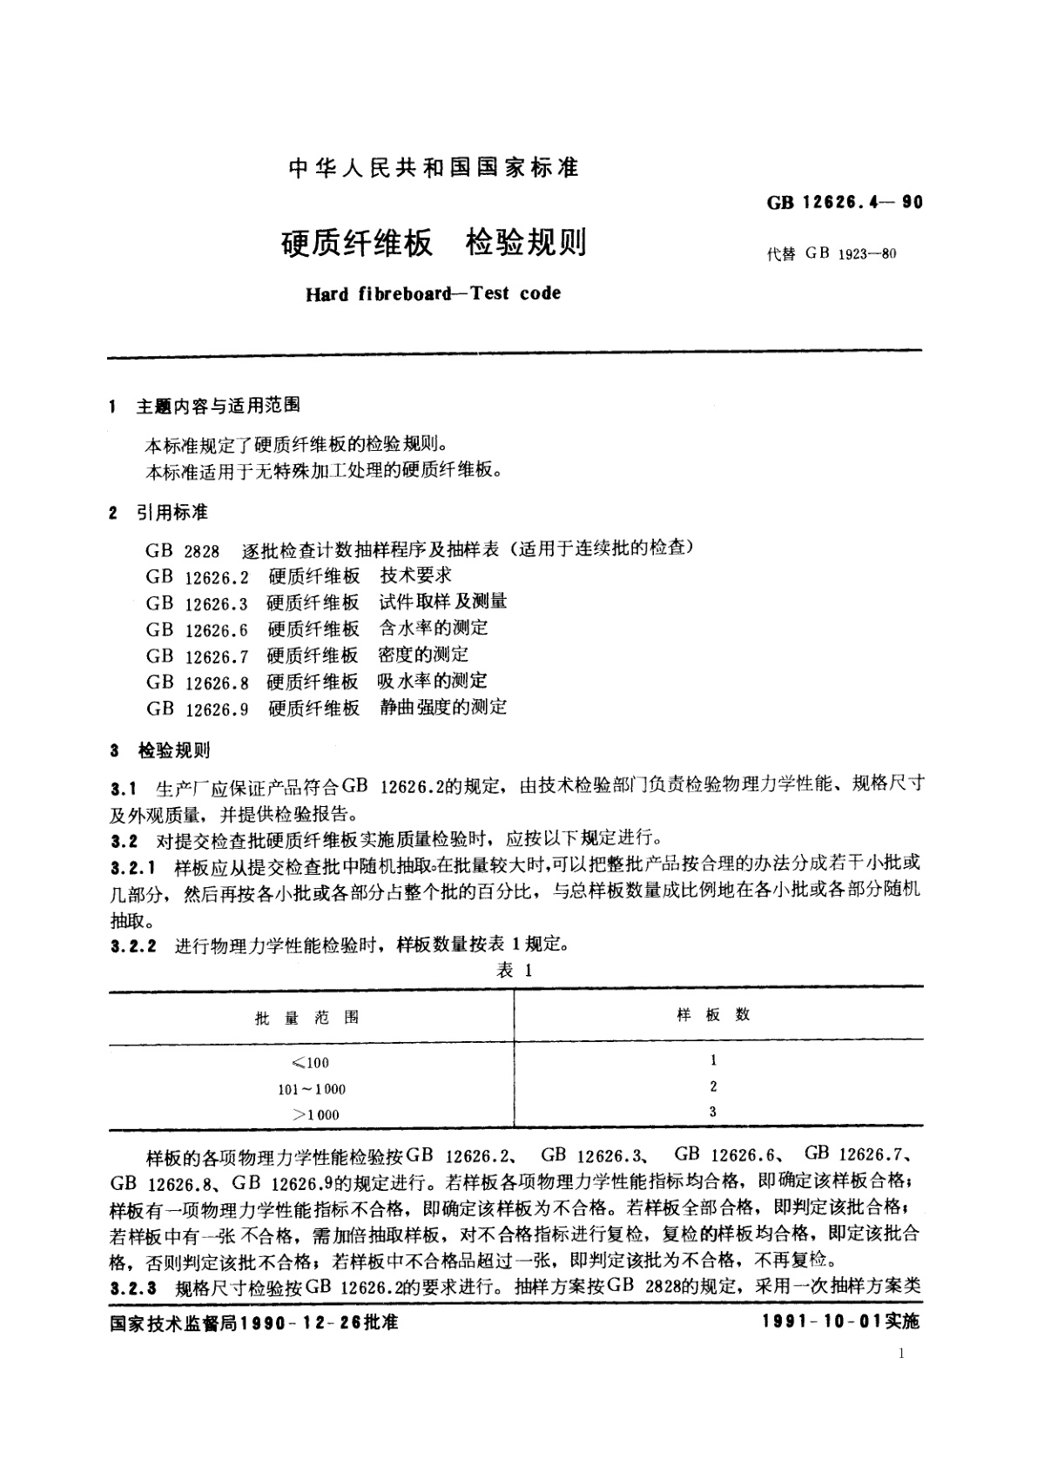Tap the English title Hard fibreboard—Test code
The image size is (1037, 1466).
click(x=433, y=293)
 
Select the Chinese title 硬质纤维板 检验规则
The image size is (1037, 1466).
click(x=433, y=243)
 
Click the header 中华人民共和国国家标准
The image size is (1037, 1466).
click(x=433, y=168)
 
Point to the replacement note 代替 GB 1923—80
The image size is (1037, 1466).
click(x=832, y=254)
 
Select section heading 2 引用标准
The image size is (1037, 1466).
click(x=158, y=513)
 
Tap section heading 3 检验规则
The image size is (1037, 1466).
click(x=160, y=750)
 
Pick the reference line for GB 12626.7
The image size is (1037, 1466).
click(x=307, y=655)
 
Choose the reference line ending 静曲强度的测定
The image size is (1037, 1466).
click(x=327, y=708)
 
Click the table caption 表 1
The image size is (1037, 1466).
click(x=514, y=971)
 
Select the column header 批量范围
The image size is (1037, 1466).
click(x=306, y=1018)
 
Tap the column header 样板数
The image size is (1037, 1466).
click(x=713, y=1015)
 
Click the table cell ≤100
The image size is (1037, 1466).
click(x=311, y=1063)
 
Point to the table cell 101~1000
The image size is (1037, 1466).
click(x=312, y=1089)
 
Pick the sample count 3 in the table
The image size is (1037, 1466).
click(x=713, y=1112)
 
